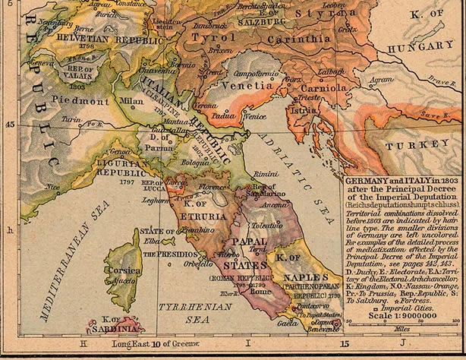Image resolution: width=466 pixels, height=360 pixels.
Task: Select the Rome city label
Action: [x=261, y=292]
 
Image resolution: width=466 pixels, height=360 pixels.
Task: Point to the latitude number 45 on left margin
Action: [x=9, y=125]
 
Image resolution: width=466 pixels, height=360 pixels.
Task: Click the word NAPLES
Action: [x=307, y=279]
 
